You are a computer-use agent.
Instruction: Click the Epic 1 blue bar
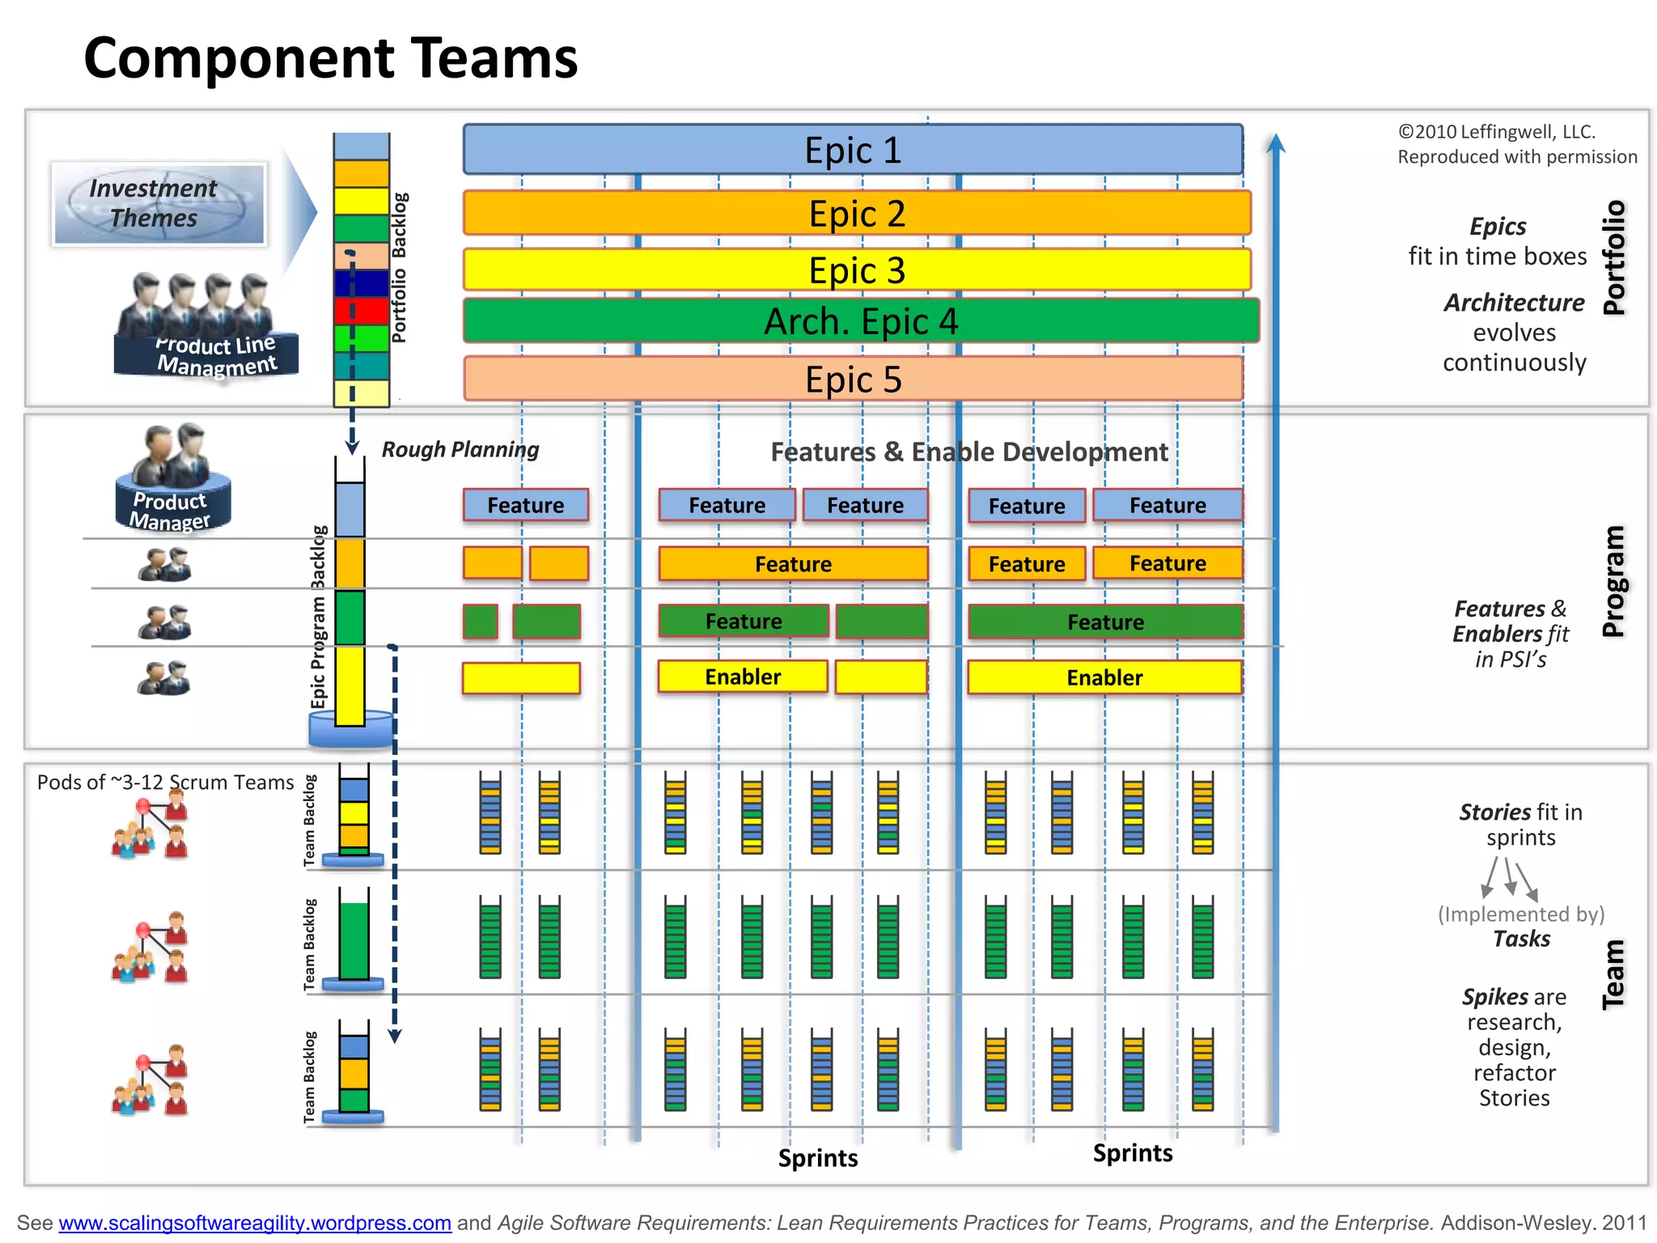(853, 150)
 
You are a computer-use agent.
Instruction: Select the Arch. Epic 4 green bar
(861, 321)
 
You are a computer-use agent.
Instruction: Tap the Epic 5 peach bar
(853, 379)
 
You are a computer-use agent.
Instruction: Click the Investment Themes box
(159, 204)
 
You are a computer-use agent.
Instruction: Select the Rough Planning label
(460, 449)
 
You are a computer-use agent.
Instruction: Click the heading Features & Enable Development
(968, 452)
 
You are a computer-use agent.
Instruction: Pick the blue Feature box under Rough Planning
(525, 505)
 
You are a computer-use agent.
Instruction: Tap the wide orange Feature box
(793, 564)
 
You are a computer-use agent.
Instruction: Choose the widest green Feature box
(1105, 621)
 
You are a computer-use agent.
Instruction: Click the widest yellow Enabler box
(1104, 677)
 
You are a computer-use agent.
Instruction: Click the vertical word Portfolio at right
(1614, 257)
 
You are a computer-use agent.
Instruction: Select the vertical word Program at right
(1613, 581)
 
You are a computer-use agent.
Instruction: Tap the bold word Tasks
(1521, 939)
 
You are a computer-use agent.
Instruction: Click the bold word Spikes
(1494, 996)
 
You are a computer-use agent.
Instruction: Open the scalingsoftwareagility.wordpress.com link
(255, 1223)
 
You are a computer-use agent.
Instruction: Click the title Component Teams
(330, 58)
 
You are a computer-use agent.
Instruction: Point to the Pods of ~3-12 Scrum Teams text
(165, 783)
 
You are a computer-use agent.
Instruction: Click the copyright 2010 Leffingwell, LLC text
(1496, 132)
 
